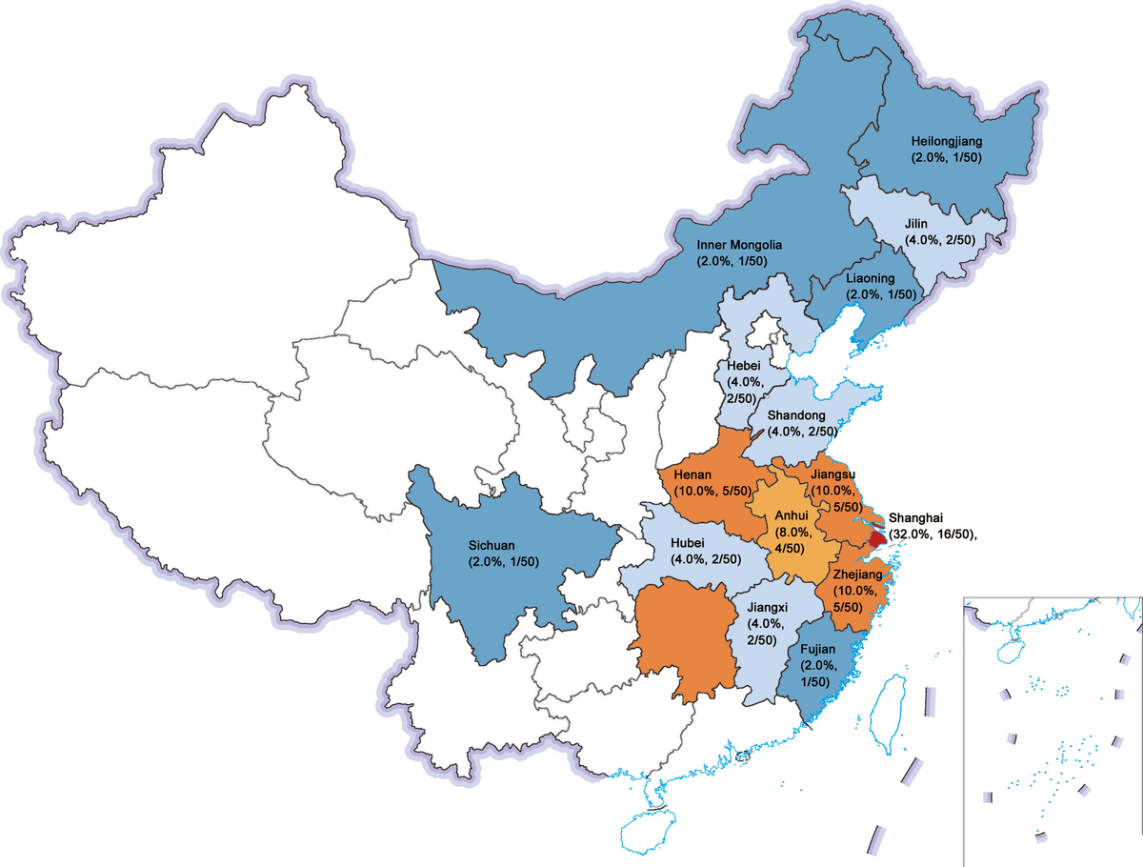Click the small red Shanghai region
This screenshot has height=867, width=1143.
click(877, 526)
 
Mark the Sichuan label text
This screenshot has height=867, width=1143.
click(495, 546)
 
